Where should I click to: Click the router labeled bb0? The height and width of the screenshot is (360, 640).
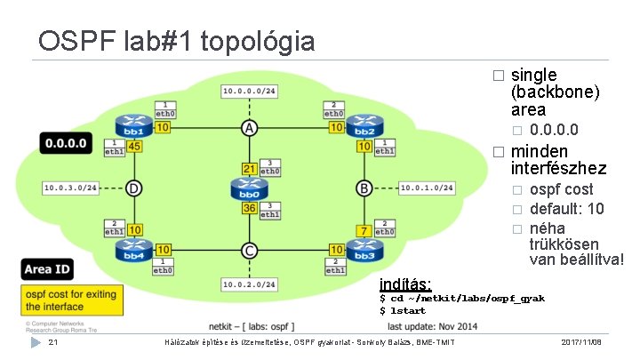click(x=249, y=189)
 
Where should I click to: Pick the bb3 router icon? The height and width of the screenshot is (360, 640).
click(x=364, y=252)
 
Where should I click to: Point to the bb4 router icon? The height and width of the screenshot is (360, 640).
click(x=134, y=252)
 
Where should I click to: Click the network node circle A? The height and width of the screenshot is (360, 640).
click(x=250, y=129)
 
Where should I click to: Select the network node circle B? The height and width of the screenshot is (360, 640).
click(x=364, y=188)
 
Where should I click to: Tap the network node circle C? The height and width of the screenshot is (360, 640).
click(x=250, y=251)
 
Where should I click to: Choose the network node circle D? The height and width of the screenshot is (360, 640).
click(x=134, y=188)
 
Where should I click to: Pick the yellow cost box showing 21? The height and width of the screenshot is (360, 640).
click(x=250, y=169)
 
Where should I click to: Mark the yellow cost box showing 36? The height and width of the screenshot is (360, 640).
click(x=250, y=209)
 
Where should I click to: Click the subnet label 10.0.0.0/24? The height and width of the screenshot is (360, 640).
click(x=249, y=92)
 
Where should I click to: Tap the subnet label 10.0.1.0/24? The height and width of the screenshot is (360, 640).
click(x=427, y=188)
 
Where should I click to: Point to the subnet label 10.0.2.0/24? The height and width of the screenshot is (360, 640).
click(x=249, y=284)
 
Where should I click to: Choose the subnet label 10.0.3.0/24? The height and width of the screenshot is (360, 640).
click(x=71, y=188)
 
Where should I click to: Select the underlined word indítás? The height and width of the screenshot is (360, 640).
click(x=405, y=284)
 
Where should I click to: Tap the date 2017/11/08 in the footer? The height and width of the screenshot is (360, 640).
click(x=581, y=342)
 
